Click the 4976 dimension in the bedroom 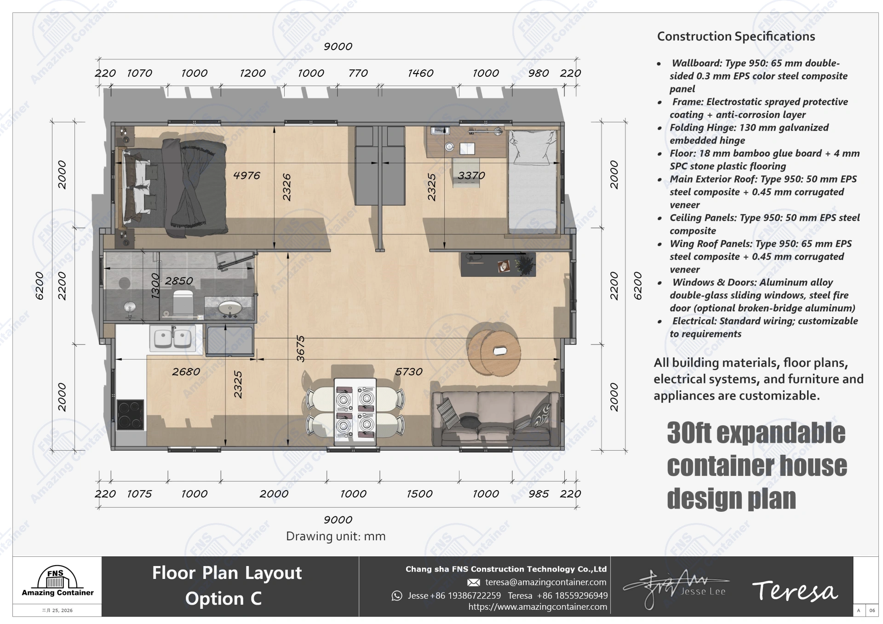tap(247, 175)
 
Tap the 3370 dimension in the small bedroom tap(471, 175)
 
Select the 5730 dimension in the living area tap(408, 372)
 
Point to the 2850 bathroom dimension tap(178, 281)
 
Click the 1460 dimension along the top tap(420, 73)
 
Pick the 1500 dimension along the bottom tap(419, 494)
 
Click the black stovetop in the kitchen tap(130, 415)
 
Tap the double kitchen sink tap(172, 338)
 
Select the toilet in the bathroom tap(183, 303)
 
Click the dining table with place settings tap(355, 412)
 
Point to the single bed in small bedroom tap(532, 181)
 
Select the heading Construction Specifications tap(736, 36)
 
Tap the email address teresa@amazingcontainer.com tap(545, 582)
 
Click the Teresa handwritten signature tap(795, 591)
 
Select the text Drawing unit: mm tap(336, 536)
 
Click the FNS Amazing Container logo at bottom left tap(57, 582)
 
